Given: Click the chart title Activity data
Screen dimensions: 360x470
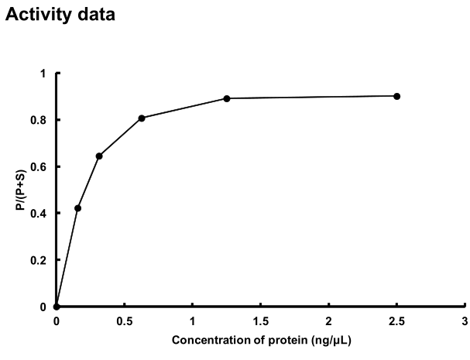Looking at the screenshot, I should point(60,15).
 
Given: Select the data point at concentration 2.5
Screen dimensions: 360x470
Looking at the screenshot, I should point(396,96).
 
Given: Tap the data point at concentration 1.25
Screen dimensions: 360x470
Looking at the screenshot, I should point(227,98).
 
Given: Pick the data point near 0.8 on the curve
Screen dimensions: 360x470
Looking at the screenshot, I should point(142,118).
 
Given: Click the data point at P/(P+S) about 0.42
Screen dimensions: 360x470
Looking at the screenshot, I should point(77,208).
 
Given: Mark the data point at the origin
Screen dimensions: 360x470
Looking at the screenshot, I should point(57,307).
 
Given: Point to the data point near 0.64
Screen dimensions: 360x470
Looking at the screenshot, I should point(99,156).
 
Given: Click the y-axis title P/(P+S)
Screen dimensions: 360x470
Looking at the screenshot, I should point(28,190).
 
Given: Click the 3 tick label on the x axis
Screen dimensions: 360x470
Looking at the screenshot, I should point(465,320).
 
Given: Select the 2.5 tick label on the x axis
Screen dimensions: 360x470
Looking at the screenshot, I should point(396,320).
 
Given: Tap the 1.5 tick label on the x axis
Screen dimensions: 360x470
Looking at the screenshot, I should point(260,320).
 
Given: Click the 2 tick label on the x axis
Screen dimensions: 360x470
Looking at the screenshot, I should point(328,320).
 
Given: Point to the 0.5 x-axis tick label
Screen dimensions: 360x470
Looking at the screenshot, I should point(125,320).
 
